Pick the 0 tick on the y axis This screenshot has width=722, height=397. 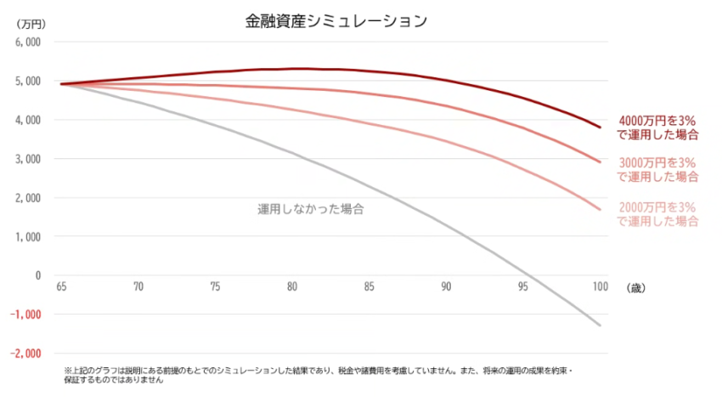pos(37,275)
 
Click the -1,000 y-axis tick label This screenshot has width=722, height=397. pos(25,315)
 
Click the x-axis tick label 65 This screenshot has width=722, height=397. pos(61,288)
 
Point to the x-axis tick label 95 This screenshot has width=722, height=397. pos(522,288)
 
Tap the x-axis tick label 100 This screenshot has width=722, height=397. pos(600,288)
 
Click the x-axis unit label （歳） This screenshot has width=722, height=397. pos(635,289)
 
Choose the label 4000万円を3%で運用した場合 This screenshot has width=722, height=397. pos(657,128)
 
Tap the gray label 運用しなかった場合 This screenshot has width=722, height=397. pos(310,208)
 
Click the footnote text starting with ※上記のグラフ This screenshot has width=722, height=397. pos(323,376)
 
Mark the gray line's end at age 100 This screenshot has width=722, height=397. pos(601,326)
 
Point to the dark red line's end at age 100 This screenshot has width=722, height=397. pos(601,128)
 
